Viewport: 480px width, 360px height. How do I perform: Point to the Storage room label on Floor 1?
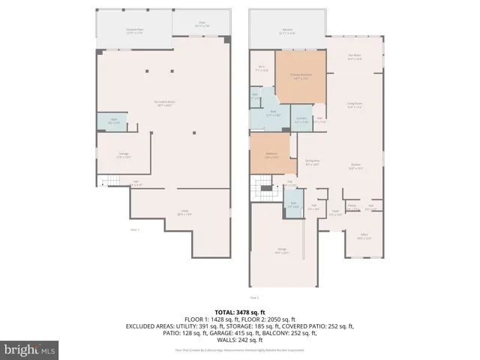[x=124, y=157]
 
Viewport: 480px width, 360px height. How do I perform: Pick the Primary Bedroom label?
[x=301, y=76]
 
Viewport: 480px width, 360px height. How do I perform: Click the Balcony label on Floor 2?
[x=286, y=32]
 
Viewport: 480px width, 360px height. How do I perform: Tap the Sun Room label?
[x=355, y=57]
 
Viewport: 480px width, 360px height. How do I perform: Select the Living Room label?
[x=355, y=106]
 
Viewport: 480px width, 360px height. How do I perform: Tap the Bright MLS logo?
[x=30, y=349]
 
